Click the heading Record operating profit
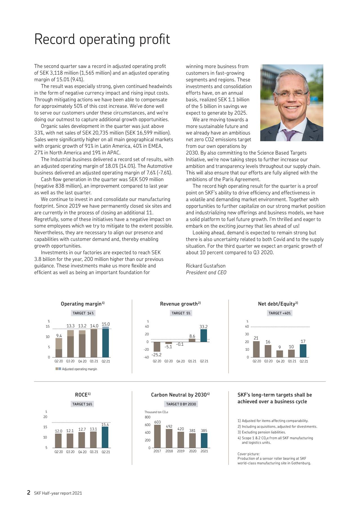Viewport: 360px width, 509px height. [102, 39]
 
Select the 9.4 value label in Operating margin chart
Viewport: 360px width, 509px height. [59, 336]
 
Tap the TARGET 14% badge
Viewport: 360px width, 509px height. [83, 313]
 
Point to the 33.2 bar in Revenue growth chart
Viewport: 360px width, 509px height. [204, 336]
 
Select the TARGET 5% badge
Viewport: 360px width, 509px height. [181, 313]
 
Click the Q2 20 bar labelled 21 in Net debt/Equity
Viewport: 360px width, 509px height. [256, 349]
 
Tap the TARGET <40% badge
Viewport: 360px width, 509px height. [280, 313]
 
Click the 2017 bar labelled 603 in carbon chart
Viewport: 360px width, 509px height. [157, 436]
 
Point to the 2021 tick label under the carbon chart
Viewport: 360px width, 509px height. [204, 451]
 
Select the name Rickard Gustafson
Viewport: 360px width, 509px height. [206, 266]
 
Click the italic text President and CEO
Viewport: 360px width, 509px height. [206, 273]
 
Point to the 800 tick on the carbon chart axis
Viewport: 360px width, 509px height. [148, 417]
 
